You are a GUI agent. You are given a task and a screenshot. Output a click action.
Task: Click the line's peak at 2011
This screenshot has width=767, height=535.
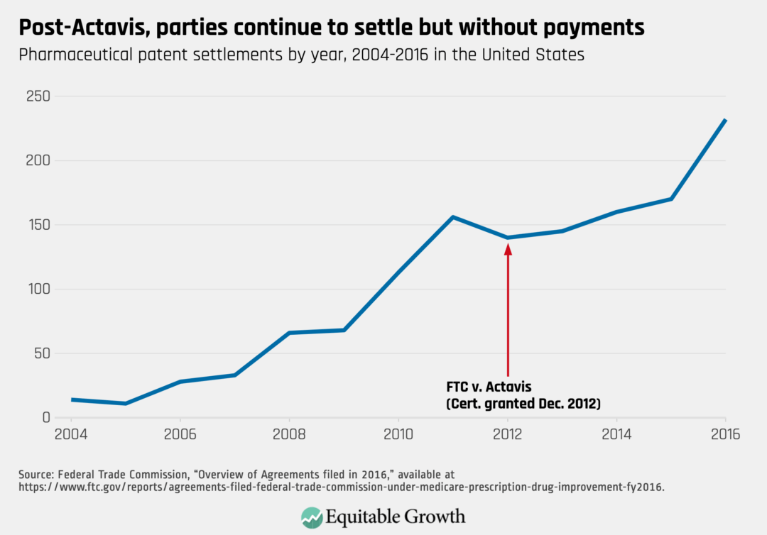click(453, 217)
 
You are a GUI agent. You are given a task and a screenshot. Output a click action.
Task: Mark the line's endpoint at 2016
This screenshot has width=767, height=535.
click(725, 120)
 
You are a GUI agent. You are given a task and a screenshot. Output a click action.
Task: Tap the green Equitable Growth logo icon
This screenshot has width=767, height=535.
click(310, 516)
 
